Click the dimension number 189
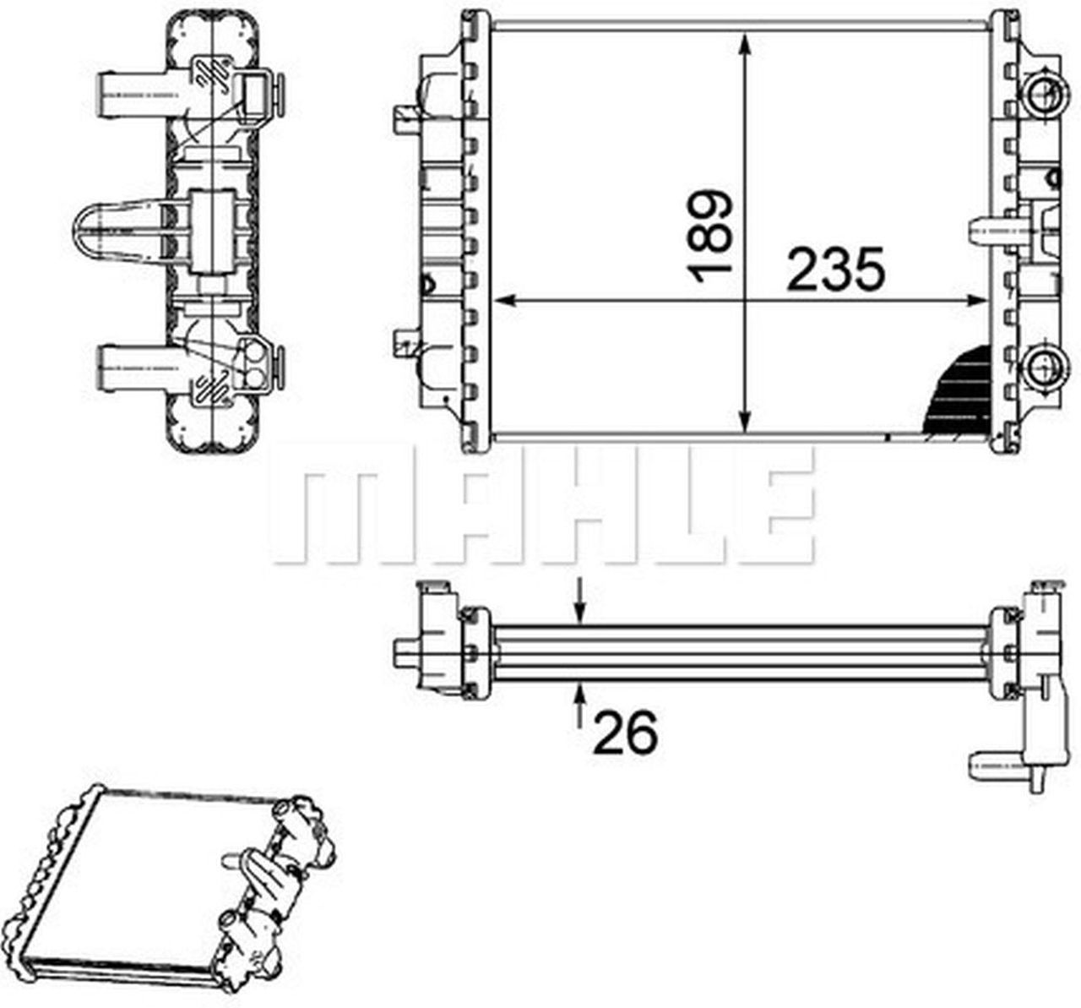708,237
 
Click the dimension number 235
835,270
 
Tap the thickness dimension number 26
625,733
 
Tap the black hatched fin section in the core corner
959,397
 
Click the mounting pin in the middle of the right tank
988,227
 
